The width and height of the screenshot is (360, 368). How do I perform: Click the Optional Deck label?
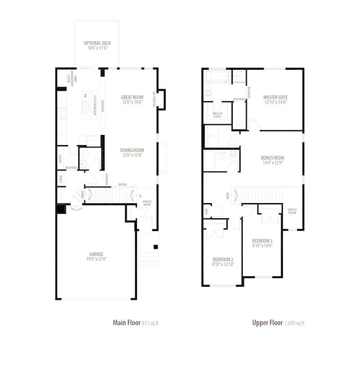click(x=96, y=46)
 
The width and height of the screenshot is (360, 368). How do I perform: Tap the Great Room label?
click(x=132, y=100)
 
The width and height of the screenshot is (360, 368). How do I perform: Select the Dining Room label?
click(x=132, y=152)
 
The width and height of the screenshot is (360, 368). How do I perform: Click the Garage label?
click(x=96, y=256)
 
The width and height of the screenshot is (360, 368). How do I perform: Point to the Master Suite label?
click(x=275, y=100)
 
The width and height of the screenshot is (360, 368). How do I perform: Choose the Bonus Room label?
click(x=272, y=160)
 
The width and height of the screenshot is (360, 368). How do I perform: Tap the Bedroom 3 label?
click(x=262, y=243)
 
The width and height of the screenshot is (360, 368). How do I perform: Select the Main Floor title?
click(x=127, y=322)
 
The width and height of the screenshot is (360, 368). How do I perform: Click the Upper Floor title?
click(x=267, y=322)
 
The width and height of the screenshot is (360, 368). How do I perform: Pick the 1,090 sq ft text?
click(x=294, y=323)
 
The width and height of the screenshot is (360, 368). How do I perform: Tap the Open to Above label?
click(x=147, y=203)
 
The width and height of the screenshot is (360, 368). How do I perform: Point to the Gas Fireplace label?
click(x=153, y=100)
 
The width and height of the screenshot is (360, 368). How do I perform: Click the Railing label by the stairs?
click(x=122, y=185)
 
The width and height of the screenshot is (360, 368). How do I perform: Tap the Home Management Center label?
click(x=68, y=80)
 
